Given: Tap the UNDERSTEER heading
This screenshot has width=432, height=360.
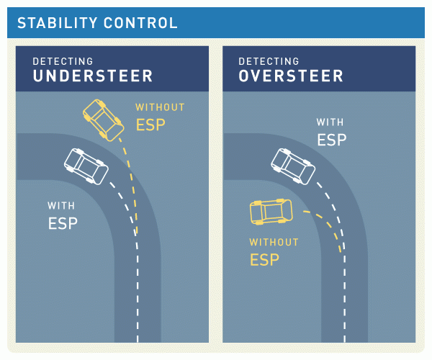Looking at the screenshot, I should pyautogui.click(x=93, y=76).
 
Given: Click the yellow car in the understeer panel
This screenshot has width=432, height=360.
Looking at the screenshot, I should pyautogui.click(x=103, y=120).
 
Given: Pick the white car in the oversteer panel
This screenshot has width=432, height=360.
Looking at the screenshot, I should pyautogui.click(x=292, y=165).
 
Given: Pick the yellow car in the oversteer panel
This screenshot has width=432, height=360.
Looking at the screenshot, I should pyautogui.click(x=271, y=211).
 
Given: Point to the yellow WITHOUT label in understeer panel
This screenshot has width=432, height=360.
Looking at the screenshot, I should pyautogui.click(x=160, y=107).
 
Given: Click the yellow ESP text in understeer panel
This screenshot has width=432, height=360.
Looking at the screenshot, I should pyautogui.click(x=150, y=125).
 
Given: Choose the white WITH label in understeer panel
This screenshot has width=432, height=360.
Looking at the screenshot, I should pyautogui.click(x=61, y=206).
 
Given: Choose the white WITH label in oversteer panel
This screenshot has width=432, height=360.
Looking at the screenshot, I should pyautogui.click(x=330, y=122).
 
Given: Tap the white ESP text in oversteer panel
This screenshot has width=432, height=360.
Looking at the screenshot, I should pyautogui.click(x=332, y=140).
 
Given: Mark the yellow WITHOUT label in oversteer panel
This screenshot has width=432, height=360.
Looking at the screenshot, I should pyautogui.click(x=274, y=242).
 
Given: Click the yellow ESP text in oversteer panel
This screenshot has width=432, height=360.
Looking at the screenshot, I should pyautogui.click(x=264, y=259).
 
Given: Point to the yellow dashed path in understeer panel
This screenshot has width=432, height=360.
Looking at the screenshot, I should pyautogui.click(x=132, y=180).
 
